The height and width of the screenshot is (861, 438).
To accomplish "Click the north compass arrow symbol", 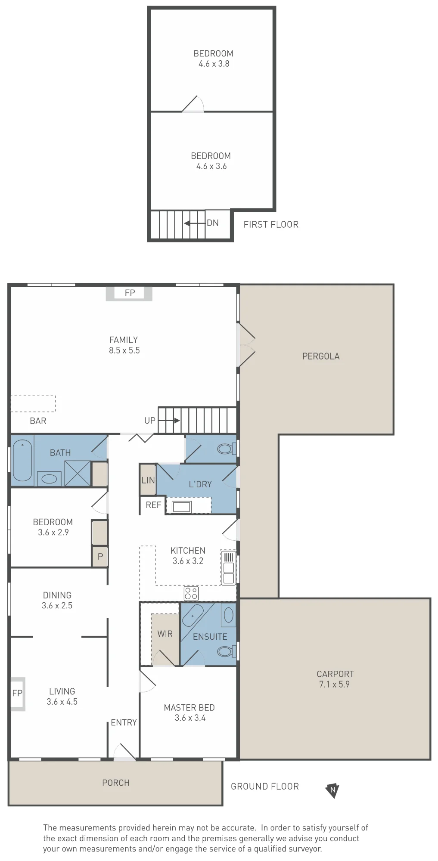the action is click(x=332, y=790).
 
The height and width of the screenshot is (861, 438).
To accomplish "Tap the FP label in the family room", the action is click(x=130, y=293).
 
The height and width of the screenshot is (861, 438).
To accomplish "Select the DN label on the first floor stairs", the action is click(x=213, y=223).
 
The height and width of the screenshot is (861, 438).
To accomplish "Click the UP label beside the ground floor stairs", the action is click(x=150, y=421).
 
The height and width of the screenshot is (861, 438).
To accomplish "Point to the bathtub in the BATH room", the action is click(x=22, y=460).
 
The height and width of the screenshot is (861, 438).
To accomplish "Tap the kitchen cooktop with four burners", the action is click(x=191, y=593).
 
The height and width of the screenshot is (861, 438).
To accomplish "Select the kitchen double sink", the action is click(x=229, y=568).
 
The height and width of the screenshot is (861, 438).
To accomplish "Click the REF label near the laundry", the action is click(x=153, y=505).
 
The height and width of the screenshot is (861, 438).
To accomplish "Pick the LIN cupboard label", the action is click(x=148, y=480).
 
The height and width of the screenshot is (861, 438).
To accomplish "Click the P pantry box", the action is click(x=100, y=556).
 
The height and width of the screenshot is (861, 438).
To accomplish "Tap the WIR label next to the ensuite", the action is click(x=165, y=634).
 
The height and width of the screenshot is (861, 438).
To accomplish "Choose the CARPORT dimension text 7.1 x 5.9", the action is click(x=334, y=684).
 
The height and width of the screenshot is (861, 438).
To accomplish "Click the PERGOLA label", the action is click(x=321, y=356).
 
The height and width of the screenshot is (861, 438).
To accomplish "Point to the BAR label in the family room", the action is click(x=38, y=421).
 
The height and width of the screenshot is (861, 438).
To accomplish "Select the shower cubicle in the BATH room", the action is click(x=78, y=473).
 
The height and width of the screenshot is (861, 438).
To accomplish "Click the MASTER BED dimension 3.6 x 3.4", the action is click(x=190, y=718).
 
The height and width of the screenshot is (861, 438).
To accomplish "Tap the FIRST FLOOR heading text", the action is click(x=271, y=224).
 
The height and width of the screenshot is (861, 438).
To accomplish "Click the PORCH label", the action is click(x=116, y=783).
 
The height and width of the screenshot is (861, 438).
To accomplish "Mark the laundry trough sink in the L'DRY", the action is click(x=181, y=507).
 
